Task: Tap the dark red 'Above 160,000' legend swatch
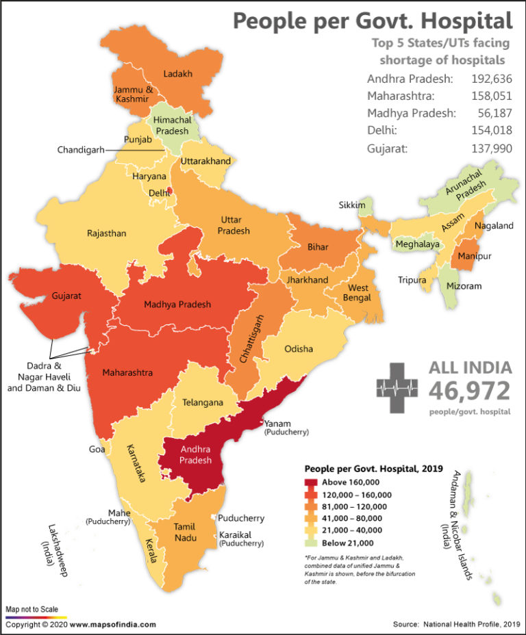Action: coord(312,482)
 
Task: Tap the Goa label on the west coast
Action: coord(97,450)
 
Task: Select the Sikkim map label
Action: coord(351,205)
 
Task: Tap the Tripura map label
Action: coord(412,280)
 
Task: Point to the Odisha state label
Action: coord(299,348)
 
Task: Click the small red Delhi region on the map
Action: coord(169,194)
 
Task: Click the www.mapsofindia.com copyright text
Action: coord(112,624)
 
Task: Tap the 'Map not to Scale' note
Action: coord(32,609)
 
